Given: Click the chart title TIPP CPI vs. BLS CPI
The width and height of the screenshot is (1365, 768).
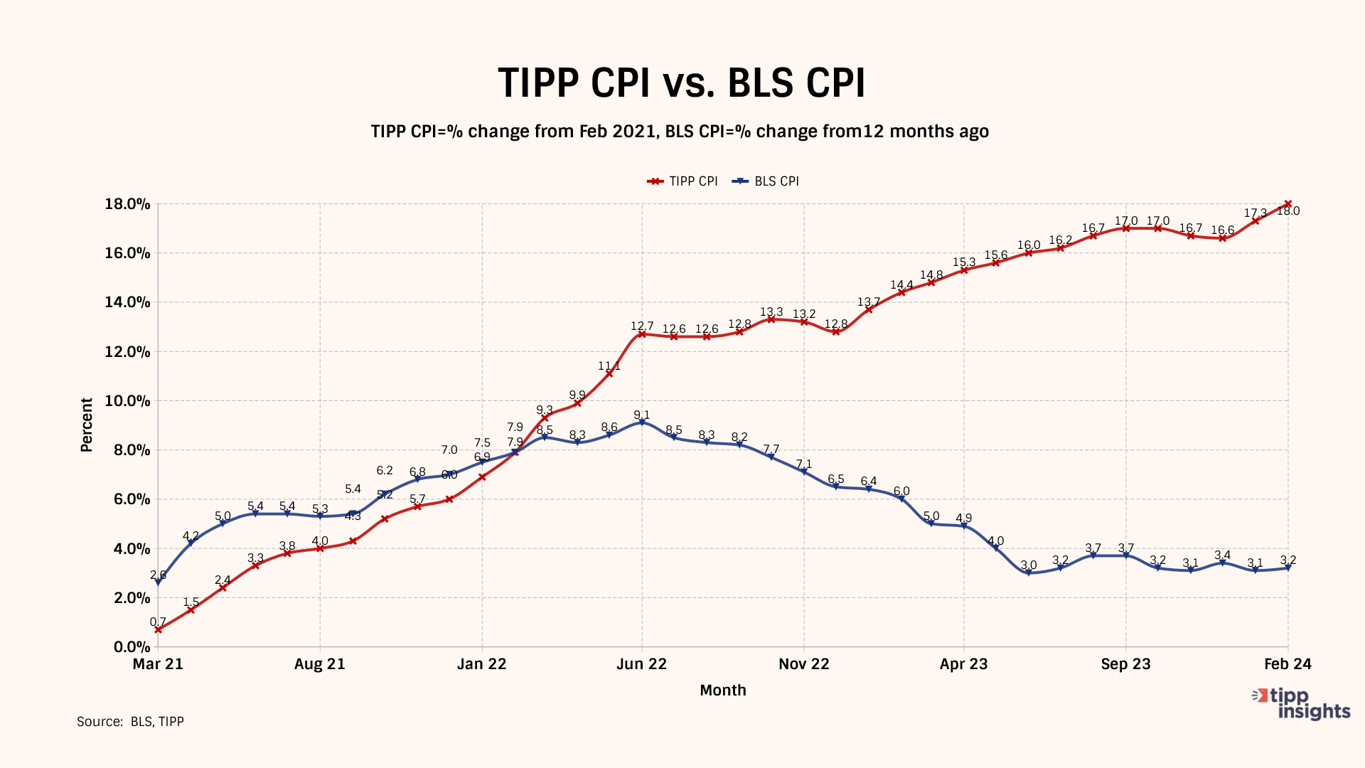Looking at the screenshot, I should coord(681,82).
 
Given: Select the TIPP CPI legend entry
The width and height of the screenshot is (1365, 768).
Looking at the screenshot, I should coord(682,181).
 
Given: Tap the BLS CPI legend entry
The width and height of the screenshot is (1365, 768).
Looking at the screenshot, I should coord(767,181).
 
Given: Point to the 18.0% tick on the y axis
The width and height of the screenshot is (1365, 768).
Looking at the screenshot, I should coord(128,204).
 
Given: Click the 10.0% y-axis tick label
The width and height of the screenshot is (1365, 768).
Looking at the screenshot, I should coord(128,401).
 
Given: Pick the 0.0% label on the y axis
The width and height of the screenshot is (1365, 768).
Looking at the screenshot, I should coord(132,647).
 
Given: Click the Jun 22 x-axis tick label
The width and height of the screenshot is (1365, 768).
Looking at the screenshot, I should coord(641,664).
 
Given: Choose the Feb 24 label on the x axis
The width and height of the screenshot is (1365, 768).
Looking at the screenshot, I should coord(1288,664).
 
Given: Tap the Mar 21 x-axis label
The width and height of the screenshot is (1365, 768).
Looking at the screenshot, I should coord(158,664).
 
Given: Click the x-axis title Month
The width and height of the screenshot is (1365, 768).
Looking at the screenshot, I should coord(723,690).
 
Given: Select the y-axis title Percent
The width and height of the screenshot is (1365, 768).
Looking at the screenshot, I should coord(87,425).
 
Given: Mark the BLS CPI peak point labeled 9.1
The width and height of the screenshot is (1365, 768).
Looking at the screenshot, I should coord(642,422).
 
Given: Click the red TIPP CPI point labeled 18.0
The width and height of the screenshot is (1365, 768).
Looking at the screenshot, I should coord(1288,204).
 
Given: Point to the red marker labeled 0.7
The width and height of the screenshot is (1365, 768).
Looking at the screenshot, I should coord(158,629).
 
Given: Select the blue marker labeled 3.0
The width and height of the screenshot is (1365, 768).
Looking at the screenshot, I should coord(1029,572).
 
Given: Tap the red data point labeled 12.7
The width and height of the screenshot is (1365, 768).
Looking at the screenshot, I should coord(642,334).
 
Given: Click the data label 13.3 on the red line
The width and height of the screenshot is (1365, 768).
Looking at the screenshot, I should coord(771,312).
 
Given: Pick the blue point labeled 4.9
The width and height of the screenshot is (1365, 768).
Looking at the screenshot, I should coord(964,526).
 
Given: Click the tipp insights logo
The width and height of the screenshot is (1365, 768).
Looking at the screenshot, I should coord(1302,703).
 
